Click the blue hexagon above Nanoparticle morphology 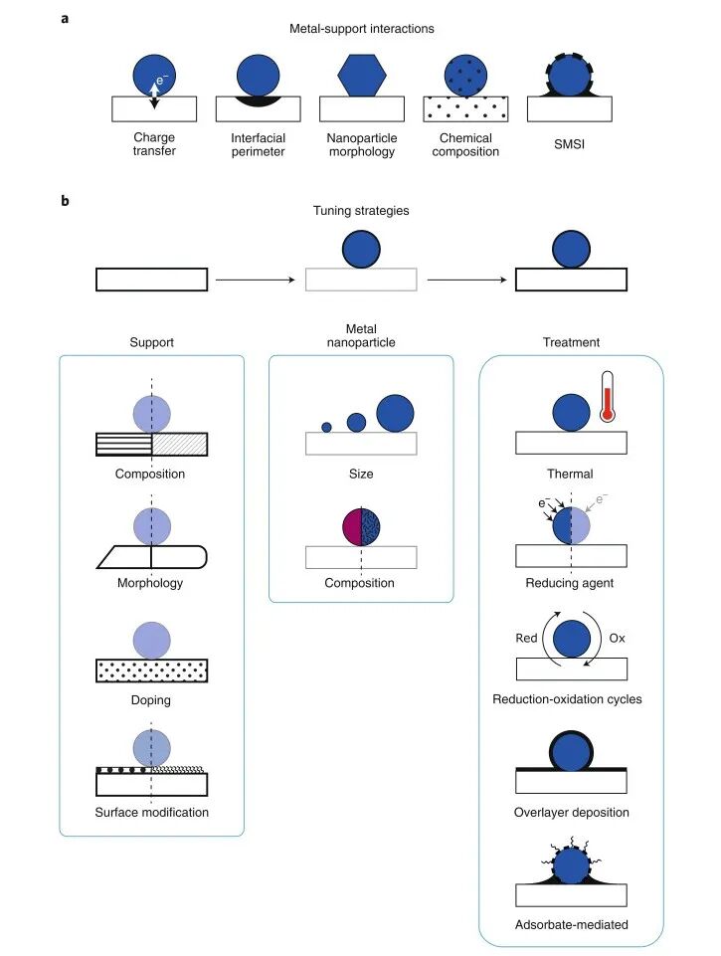[361, 72]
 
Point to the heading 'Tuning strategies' [361, 212]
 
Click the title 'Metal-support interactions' [361, 29]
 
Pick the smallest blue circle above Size [326, 427]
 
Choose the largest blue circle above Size [395, 413]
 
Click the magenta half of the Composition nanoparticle [351, 525]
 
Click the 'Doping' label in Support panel [151, 700]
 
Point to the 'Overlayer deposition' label [571, 813]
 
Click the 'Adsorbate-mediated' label [571, 925]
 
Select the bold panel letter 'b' [65, 200]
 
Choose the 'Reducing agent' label [570, 583]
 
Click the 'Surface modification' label [152, 813]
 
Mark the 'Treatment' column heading [571, 342]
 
